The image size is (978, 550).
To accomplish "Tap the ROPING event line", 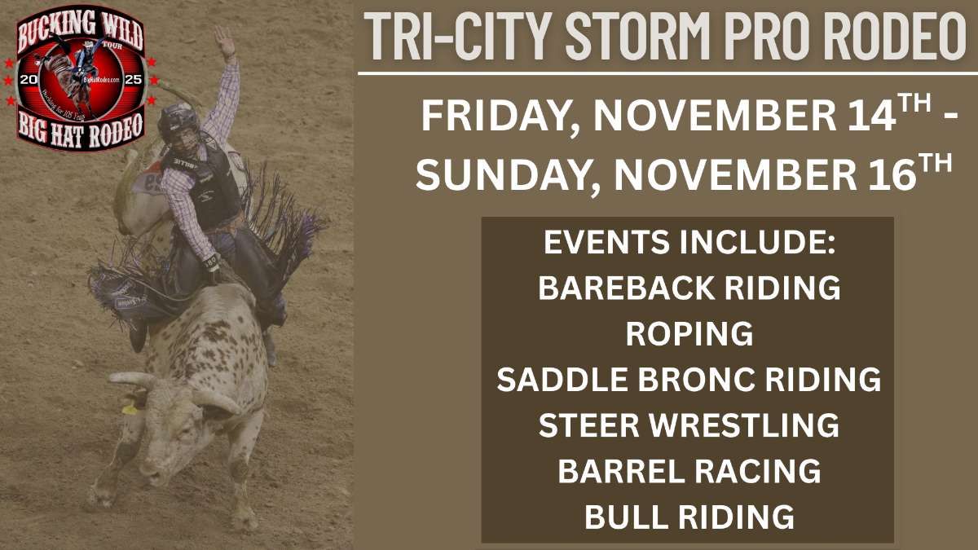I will (689, 334).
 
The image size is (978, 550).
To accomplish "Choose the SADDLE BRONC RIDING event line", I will (689, 380).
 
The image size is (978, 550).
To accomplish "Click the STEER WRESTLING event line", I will (689, 425).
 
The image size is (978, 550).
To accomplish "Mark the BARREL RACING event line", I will (689, 471).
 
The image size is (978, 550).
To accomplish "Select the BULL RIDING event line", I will (689, 517).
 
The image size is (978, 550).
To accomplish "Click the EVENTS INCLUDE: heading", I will (689, 243).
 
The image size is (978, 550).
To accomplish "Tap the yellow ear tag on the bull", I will (130, 408).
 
